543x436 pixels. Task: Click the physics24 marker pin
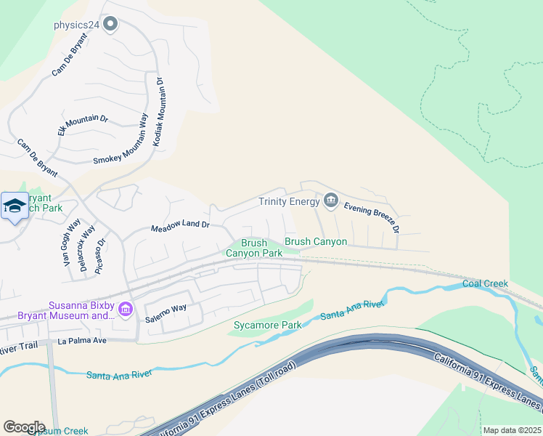(111, 25)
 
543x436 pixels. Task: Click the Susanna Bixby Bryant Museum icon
(126, 310)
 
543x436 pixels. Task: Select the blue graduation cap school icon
(15, 207)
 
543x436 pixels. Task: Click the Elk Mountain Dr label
(82, 125)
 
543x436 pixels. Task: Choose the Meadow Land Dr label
(179, 227)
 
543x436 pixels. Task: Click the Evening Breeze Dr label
(371, 217)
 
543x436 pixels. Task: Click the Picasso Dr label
(102, 251)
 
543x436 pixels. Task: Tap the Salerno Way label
(166, 312)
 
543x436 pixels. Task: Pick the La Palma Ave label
(83, 340)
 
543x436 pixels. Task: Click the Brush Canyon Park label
(253, 248)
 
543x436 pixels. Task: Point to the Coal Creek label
(485, 283)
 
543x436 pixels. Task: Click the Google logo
(24, 427)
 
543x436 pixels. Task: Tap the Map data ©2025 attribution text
(512, 430)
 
